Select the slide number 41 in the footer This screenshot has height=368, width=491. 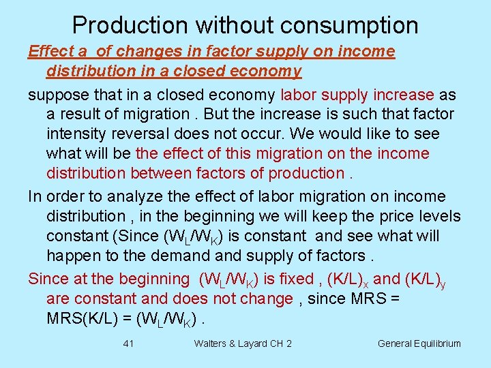point(128,343)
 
